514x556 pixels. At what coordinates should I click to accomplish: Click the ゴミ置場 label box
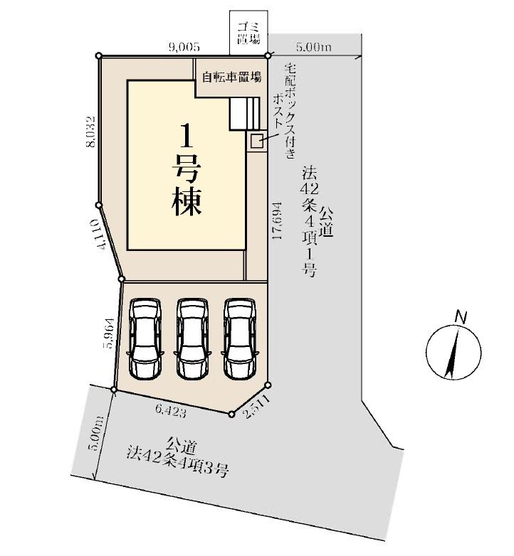248,33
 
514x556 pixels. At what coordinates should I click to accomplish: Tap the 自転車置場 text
232,77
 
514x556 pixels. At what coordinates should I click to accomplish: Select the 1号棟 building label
187,170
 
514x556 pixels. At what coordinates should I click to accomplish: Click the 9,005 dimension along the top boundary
184,47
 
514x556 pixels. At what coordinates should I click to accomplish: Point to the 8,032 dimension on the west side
91,132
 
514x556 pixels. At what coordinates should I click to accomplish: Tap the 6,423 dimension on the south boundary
171,412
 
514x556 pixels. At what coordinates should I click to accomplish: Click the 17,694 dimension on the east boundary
277,220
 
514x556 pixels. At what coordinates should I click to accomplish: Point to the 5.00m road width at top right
314,47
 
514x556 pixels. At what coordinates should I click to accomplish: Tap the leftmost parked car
145,338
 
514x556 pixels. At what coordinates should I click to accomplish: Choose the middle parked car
193,338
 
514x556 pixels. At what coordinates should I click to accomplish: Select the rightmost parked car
240,338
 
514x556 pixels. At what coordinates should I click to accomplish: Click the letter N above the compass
461,317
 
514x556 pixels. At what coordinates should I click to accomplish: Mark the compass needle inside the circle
452,353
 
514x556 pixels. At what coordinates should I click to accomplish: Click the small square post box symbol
257,141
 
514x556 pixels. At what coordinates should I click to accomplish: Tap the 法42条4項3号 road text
177,463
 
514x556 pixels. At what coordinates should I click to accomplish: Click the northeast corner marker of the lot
268,55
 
